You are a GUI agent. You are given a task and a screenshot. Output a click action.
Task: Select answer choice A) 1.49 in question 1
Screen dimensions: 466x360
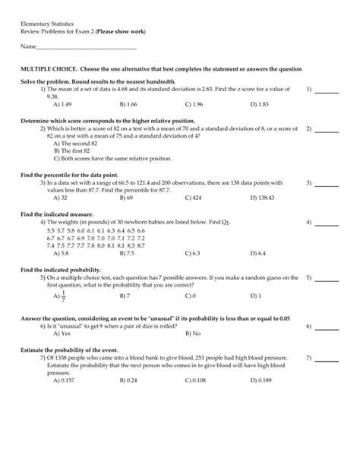click(62, 103)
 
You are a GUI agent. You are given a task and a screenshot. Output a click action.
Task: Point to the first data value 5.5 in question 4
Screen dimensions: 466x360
click(51, 230)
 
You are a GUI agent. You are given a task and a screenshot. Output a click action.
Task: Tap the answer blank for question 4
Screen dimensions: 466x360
click(327, 223)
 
